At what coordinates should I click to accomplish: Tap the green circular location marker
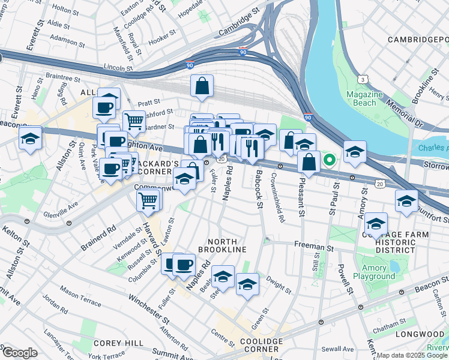pos(329,160)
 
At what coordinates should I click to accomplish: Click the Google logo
pos(19,353)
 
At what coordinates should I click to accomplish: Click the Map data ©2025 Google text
pos(412,355)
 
